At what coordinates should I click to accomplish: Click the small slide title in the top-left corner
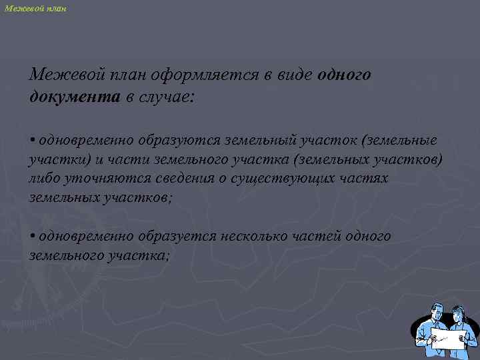coord(35,9)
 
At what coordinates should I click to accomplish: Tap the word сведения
coord(174,179)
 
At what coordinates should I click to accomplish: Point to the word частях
coord(363,179)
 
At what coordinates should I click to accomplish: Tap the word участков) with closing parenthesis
coord(405,161)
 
